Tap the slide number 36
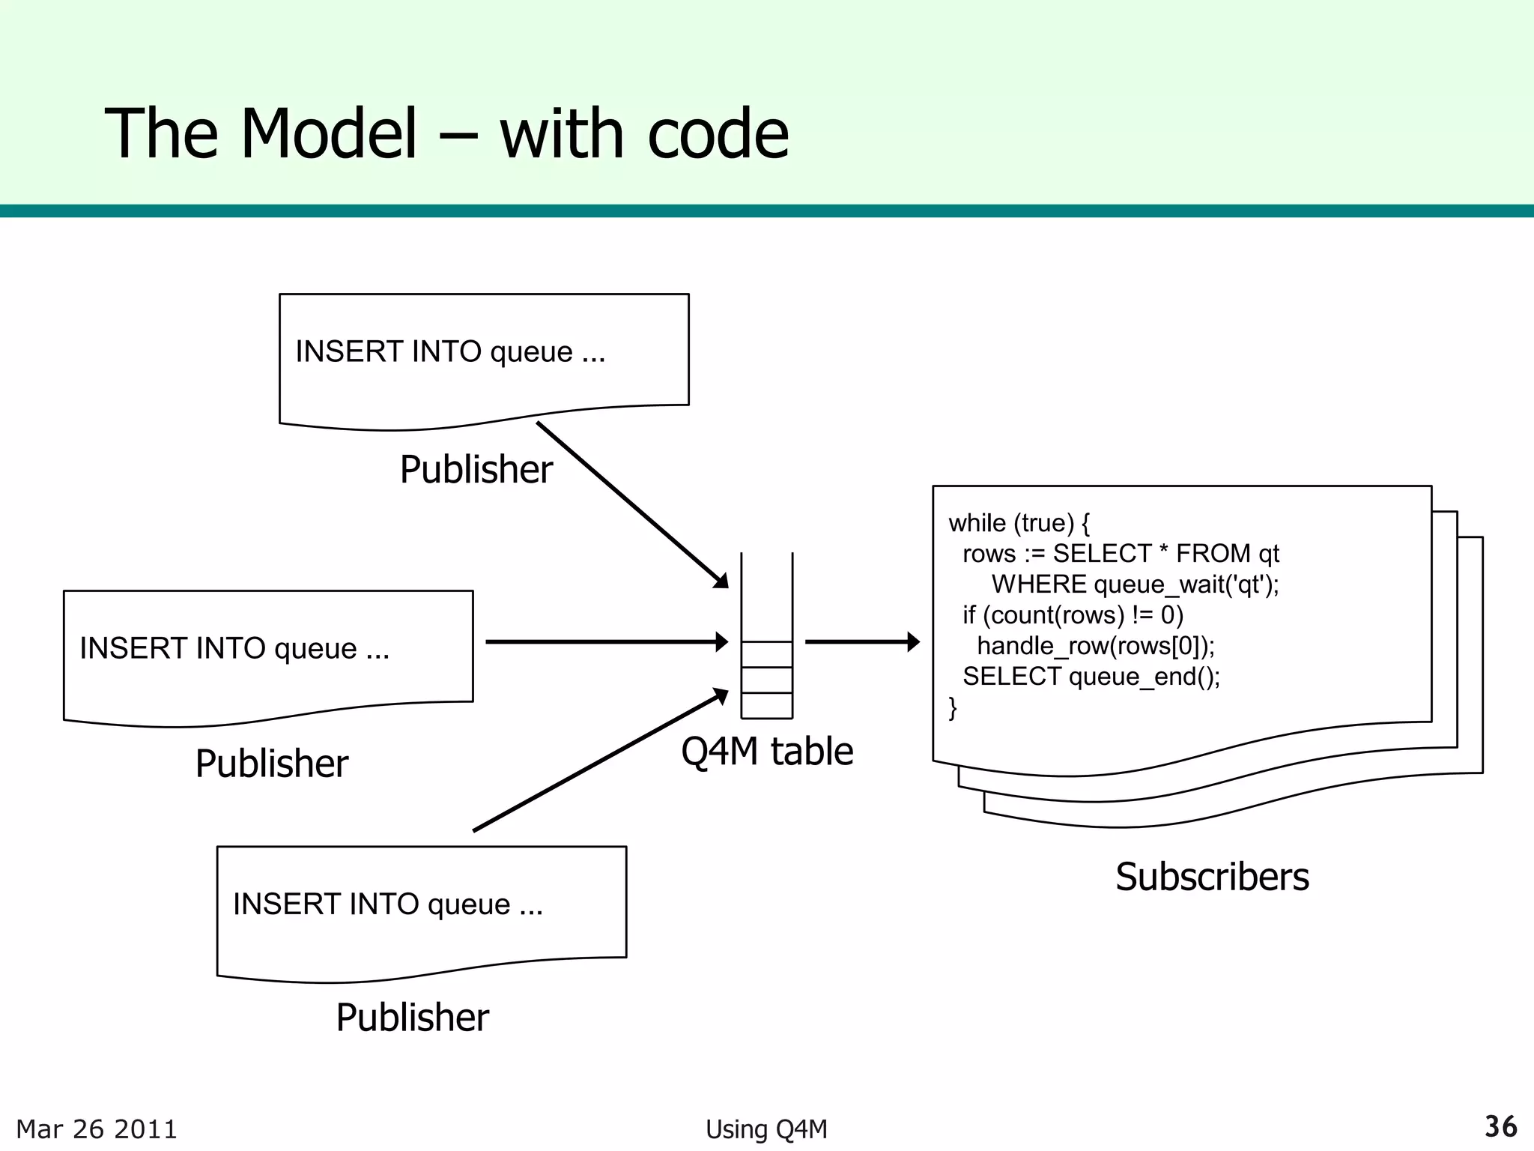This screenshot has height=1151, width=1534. [1500, 1126]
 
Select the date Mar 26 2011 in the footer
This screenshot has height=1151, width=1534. [97, 1129]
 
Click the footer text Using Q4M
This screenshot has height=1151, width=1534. [766, 1129]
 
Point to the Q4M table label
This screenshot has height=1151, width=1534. [767, 751]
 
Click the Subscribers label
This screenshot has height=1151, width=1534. [1211, 877]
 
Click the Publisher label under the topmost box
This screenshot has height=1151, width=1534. [476, 470]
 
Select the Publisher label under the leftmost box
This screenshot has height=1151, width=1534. [271, 764]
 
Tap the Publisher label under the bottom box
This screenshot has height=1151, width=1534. [412, 1018]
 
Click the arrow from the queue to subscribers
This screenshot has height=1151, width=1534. [861, 641]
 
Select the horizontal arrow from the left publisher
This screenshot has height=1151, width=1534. [607, 641]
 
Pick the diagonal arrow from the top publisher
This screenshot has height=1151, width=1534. [633, 506]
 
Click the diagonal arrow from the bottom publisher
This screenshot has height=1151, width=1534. [599, 761]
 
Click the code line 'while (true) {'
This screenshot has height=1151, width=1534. [1019, 523]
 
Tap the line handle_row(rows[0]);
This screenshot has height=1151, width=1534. [1096, 646]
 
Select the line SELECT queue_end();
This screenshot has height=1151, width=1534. [1091, 677]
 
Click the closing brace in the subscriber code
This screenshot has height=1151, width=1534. [953, 707]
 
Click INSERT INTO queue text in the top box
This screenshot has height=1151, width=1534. [449, 351]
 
